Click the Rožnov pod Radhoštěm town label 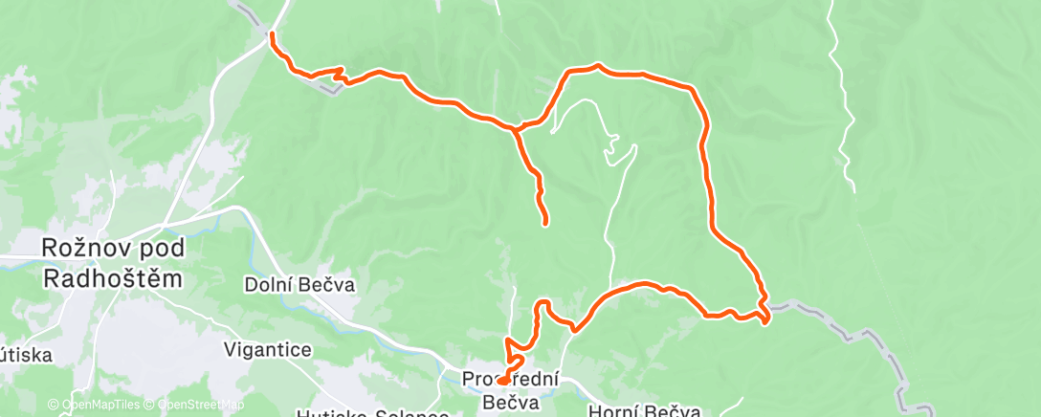click(x=114, y=261)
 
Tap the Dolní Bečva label click(x=287, y=284)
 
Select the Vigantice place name click(x=267, y=349)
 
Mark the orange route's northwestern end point click(x=273, y=35)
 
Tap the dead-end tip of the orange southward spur click(x=545, y=223)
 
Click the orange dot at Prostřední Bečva click(x=502, y=381)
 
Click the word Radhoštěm click(x=114, y=277)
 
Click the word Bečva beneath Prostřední click(x=510, y=402)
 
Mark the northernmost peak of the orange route click(x=597, y=65)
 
